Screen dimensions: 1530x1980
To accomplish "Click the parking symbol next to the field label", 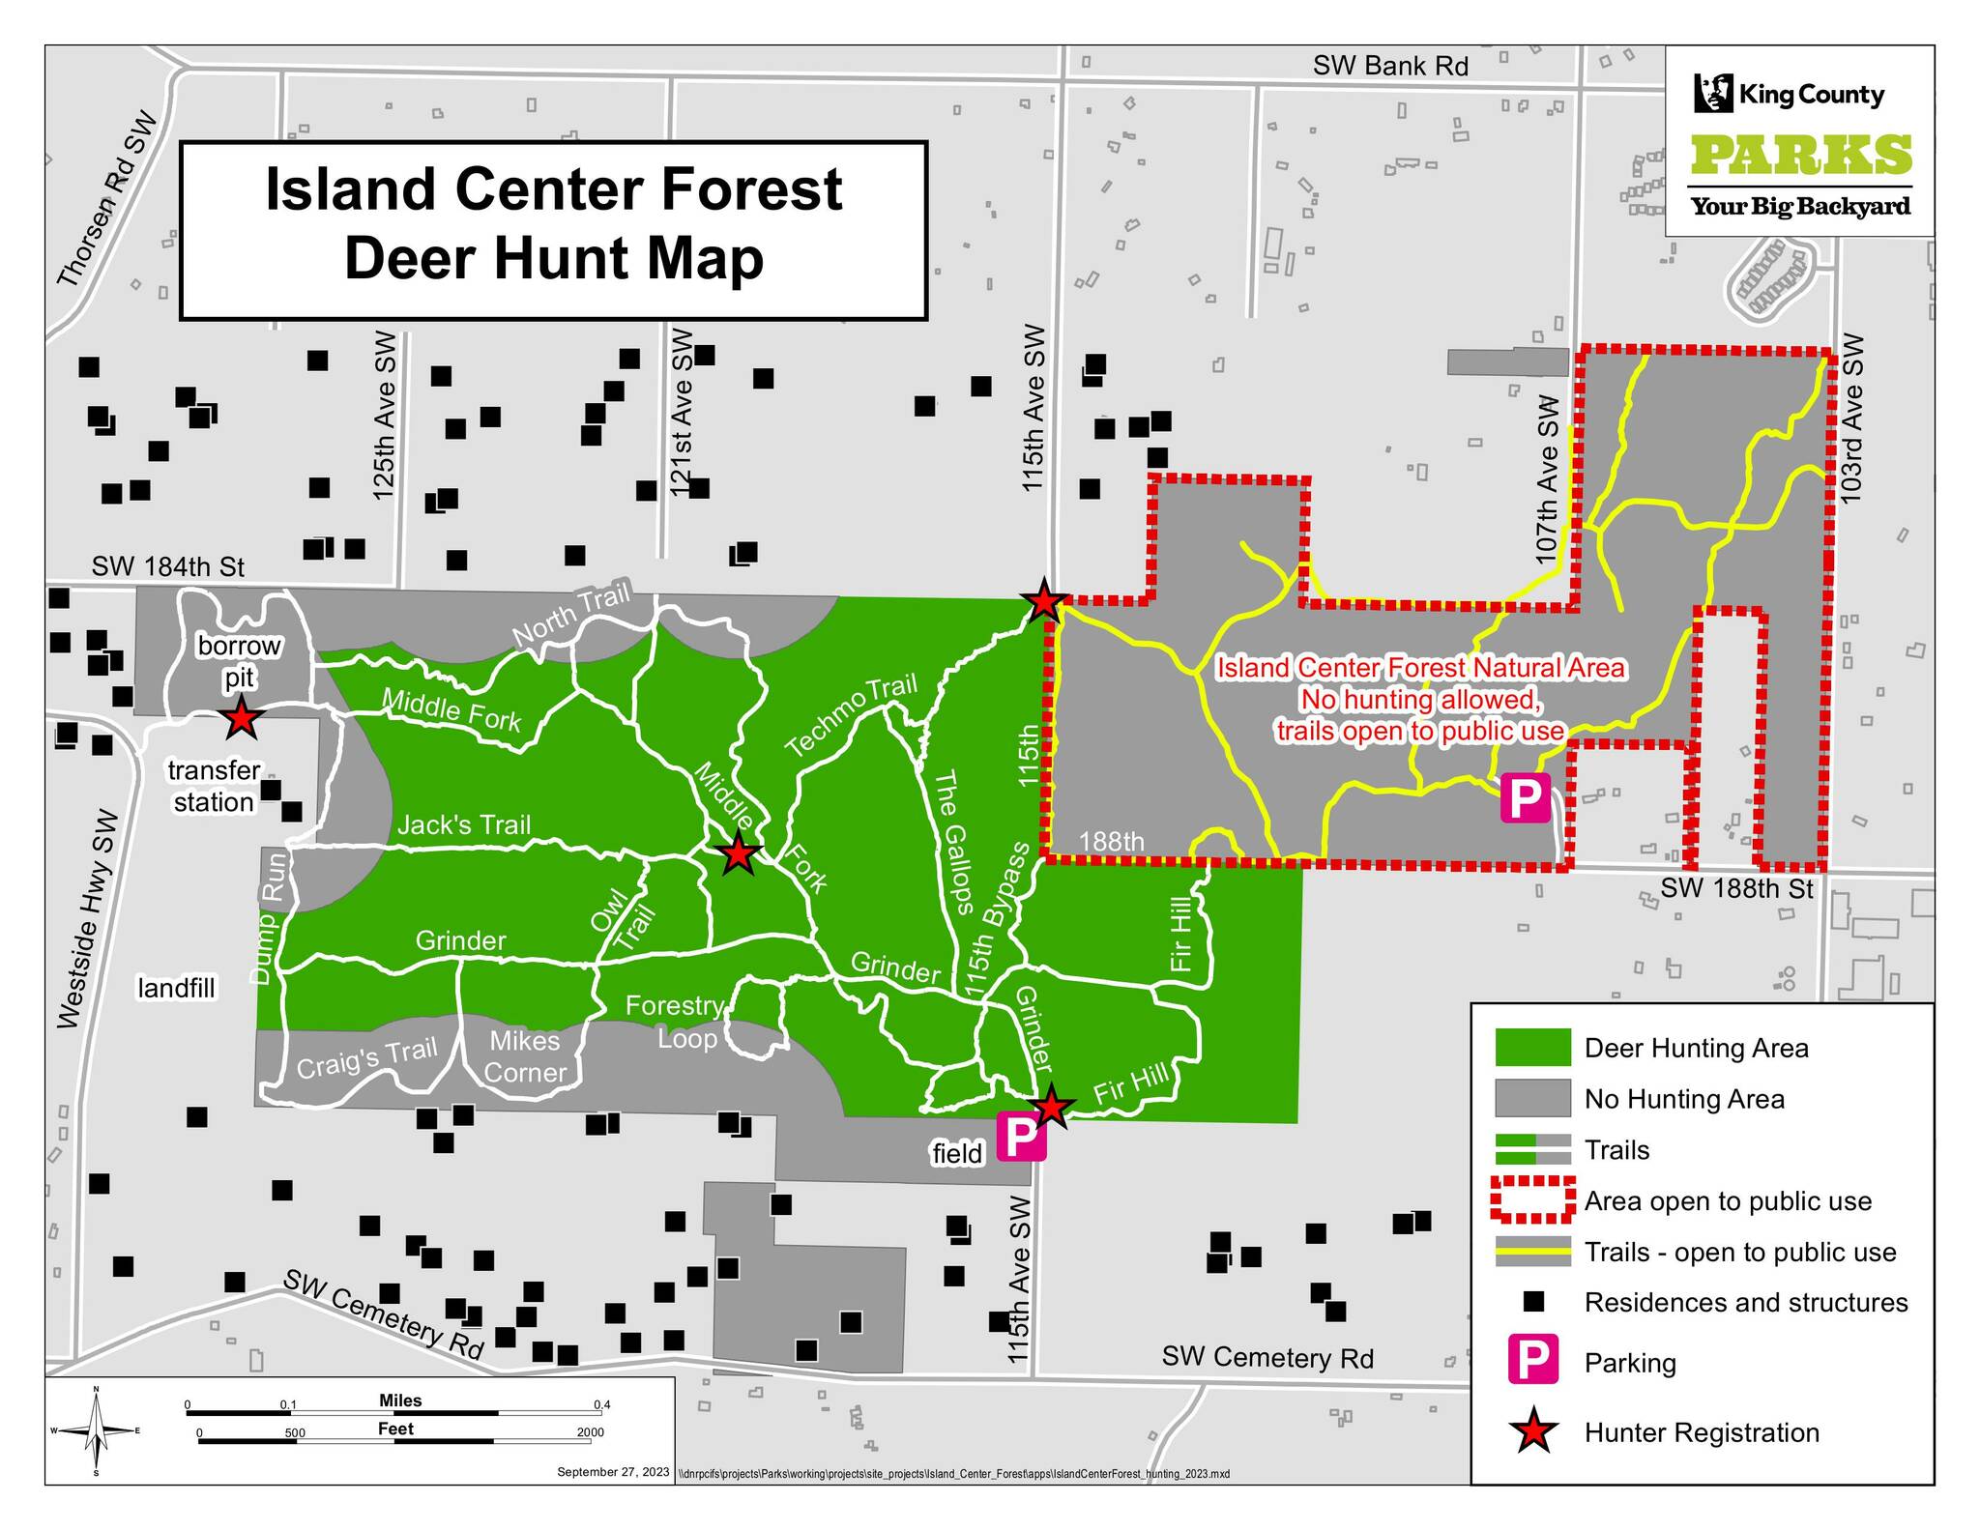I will coord(1021,1137).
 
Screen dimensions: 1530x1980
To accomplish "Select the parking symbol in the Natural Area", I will coord(1525,798).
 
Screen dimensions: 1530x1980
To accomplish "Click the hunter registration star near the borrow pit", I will coord(240,720).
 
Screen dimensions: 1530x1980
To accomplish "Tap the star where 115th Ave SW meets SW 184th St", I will coord(1044,602).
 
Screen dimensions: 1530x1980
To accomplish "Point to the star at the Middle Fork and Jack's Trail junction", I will coord(738,854).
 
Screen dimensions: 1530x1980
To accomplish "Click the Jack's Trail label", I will coord(464,824).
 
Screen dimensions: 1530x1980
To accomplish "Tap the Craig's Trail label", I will coord(366,1057).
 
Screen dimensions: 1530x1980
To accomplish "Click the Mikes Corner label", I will coord(524,1056).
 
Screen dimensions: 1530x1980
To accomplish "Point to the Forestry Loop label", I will coord(677,1023).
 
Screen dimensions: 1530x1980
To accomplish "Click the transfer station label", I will coord(214,786).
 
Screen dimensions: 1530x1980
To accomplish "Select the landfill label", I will coord(176,988).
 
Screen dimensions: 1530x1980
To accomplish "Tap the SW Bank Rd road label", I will coord(1390,66).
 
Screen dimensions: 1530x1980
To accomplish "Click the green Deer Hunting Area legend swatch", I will coord(1532,1048).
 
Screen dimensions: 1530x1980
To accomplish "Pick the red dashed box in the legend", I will coord(1532,1200).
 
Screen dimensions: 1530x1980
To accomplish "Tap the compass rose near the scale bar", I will coord(96,1430).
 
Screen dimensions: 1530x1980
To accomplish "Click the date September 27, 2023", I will coord(613,1472).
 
